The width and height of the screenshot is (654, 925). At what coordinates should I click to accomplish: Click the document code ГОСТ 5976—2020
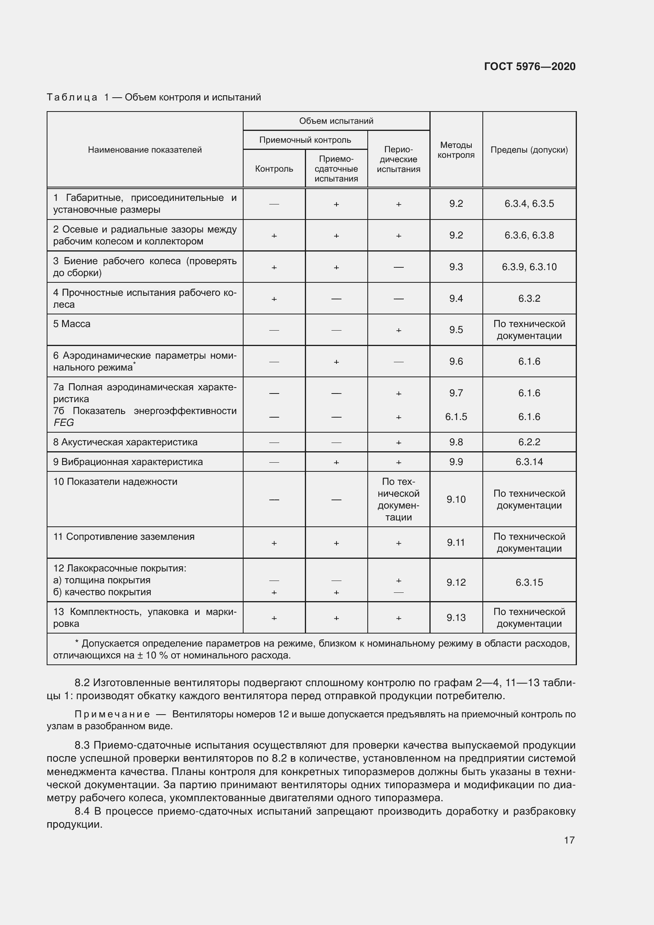[529, 66]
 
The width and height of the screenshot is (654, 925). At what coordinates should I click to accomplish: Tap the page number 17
[569, 840]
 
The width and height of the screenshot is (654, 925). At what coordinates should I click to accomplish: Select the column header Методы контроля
[456, 150]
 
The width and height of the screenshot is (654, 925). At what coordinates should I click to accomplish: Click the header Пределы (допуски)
[529, 150]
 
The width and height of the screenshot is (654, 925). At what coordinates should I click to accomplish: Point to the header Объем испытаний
[336, 121]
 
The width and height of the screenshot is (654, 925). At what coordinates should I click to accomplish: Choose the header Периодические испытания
[398, 159]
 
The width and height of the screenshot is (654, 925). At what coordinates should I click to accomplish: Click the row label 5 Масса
[72, 324]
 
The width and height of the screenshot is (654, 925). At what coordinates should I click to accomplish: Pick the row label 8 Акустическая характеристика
[125, 442]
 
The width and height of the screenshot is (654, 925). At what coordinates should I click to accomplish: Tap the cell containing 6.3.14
[529, 462]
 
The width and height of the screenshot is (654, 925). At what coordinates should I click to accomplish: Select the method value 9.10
[456, 499]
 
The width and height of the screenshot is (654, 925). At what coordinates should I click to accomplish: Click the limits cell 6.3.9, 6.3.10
[529, 267]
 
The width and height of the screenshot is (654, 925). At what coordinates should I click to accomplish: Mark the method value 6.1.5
[456, 416]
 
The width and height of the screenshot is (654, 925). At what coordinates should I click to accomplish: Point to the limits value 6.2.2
[529, 442]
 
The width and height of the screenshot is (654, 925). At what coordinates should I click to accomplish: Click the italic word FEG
[64, 423]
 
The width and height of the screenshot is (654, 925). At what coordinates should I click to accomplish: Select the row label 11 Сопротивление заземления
[124, 537]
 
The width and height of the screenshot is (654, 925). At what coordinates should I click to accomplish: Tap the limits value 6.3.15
[529, 582]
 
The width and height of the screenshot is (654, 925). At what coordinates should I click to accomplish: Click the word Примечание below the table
[112, 714]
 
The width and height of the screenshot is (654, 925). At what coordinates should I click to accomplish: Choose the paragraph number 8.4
[83, 811]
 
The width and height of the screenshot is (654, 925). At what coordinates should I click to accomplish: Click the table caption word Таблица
[72, 97]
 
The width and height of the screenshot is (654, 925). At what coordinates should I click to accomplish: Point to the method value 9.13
[456, 618]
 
